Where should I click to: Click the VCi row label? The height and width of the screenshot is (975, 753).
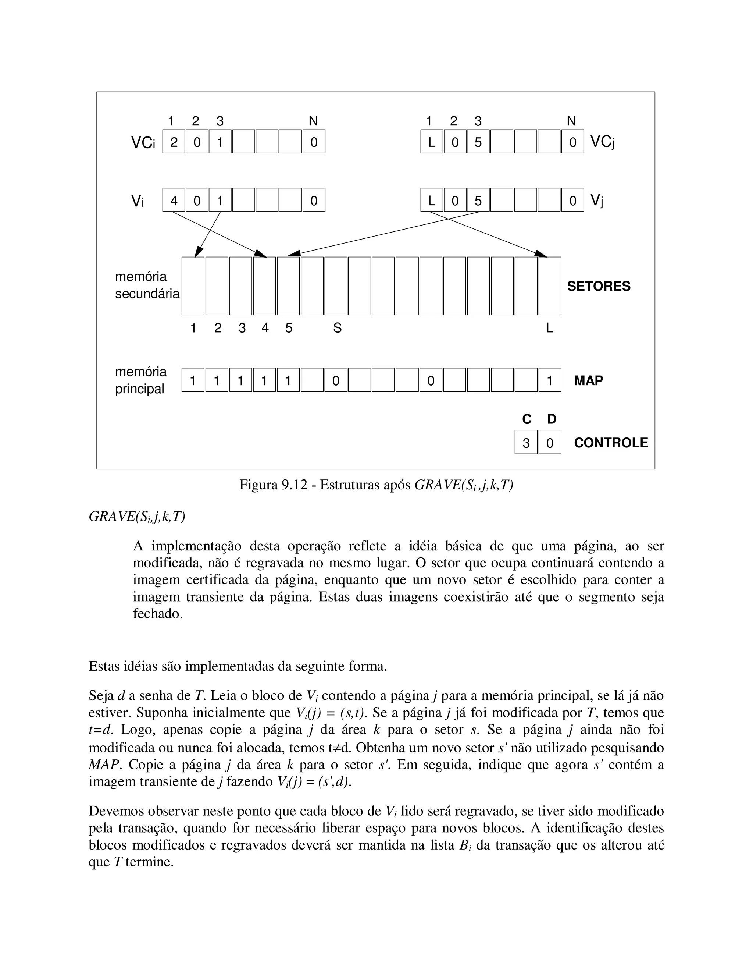point(143,142)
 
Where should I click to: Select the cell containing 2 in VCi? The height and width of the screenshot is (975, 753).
point(174,142)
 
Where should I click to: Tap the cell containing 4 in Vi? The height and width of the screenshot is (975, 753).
point(174,201)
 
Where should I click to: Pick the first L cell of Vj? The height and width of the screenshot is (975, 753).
point(431,201)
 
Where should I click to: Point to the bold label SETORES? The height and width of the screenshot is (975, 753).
point(598,286)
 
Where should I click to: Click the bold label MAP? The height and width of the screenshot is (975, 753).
point(588,380)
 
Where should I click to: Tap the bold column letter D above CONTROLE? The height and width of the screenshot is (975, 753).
point(552,419)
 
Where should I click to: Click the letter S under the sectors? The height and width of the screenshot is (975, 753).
point(337,328)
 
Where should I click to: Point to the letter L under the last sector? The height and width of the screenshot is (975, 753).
point(549,328)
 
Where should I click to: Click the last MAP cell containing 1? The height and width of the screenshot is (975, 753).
point(549,380)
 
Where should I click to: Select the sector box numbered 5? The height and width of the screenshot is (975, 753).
point(288,286)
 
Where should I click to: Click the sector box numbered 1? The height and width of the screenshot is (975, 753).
point(193,286)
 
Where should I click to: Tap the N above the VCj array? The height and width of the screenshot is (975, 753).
point(571,121)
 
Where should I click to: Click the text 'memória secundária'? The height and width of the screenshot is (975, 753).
point(147,285)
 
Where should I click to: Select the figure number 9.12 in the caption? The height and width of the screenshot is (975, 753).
point(295,485)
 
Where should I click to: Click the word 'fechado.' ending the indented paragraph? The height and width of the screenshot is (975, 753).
point(158,614)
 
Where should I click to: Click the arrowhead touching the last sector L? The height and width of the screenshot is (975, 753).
point(542,255)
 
